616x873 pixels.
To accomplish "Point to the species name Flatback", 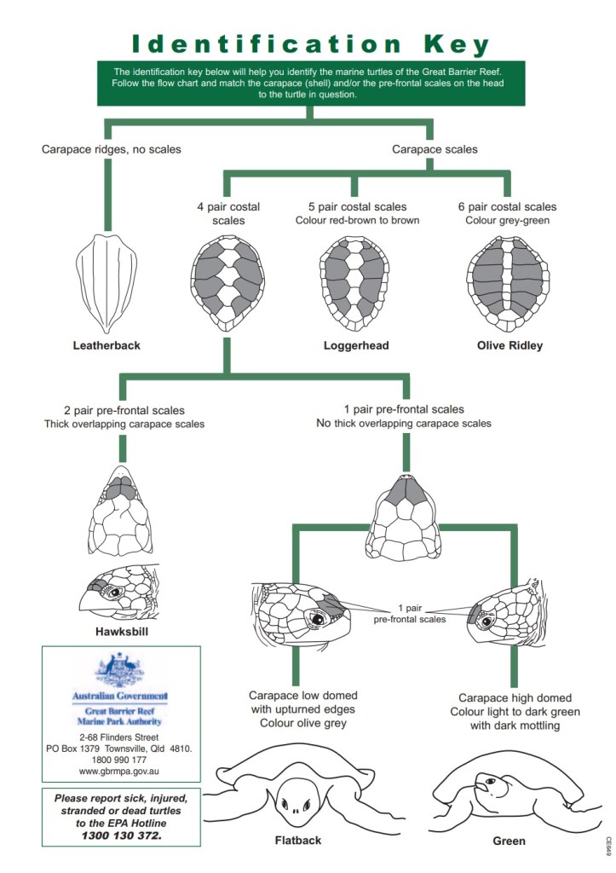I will tap(298, 841).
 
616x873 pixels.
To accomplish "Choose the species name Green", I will tap(509, 841).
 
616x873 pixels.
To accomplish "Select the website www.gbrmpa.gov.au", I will tap(120, 771).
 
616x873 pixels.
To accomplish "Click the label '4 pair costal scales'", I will tap(228, 213).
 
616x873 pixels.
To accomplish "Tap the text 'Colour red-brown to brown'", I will tap(357, 221).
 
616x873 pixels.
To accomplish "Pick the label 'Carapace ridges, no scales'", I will tap(112, 149).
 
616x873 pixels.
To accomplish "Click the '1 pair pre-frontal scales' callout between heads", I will tap(409, 614).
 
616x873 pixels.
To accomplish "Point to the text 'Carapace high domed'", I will tap(515, 697).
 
